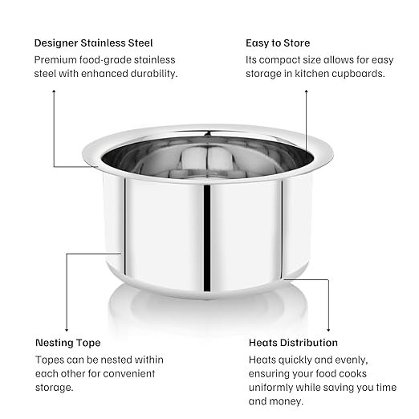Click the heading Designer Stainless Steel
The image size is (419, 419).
click(x=93, y=43)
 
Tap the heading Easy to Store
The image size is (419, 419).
click(x=278, y=43)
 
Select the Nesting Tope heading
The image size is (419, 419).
click(x=68, y=343)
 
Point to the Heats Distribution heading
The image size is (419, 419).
click(x=293, y=343)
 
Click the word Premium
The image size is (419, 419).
click(x=55, y=59)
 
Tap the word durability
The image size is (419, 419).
click(x=154, y=74)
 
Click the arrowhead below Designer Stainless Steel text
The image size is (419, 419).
click(x=54, y=92)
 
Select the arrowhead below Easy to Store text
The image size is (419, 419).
click(x=307, y=92)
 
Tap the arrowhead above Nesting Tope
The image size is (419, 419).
click(x=67, y=330)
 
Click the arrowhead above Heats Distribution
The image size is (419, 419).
click(x=328, y=330)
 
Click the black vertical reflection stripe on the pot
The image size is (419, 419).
click(x=207, y=238)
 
